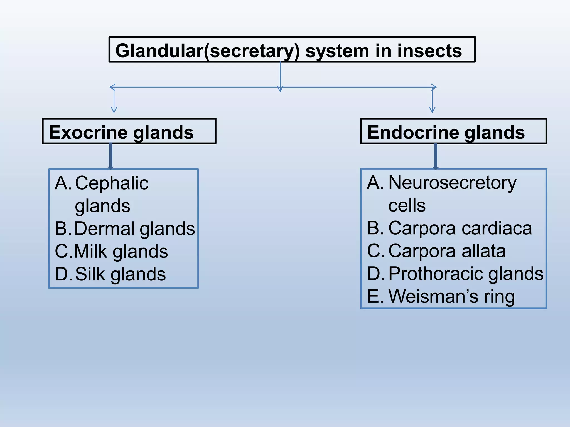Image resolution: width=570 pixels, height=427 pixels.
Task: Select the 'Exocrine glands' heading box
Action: [x=129, y=131]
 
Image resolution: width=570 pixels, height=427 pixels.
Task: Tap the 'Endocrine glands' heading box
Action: [x=453, y=131]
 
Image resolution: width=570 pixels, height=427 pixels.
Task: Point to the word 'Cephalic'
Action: [x=112, y=183]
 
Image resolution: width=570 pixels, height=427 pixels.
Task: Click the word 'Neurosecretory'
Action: [x=452, y=183]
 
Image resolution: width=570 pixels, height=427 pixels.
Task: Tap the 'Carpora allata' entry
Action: [x=447, y=251]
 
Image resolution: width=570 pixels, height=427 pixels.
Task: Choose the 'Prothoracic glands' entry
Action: [x=466, y=274]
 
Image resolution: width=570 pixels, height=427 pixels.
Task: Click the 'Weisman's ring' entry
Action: [x=451, y=296]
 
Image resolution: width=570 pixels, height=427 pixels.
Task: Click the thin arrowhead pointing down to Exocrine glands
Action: [x=114, y=110]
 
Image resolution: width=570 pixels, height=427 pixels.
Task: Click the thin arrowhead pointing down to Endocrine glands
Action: [x=432, y=110]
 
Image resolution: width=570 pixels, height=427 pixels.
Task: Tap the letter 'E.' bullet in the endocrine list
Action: [x=375, y=296]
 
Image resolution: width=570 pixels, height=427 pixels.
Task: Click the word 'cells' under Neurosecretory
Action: [x=407, y=206]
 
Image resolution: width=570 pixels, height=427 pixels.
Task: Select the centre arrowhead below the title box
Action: [x=280, y=89]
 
